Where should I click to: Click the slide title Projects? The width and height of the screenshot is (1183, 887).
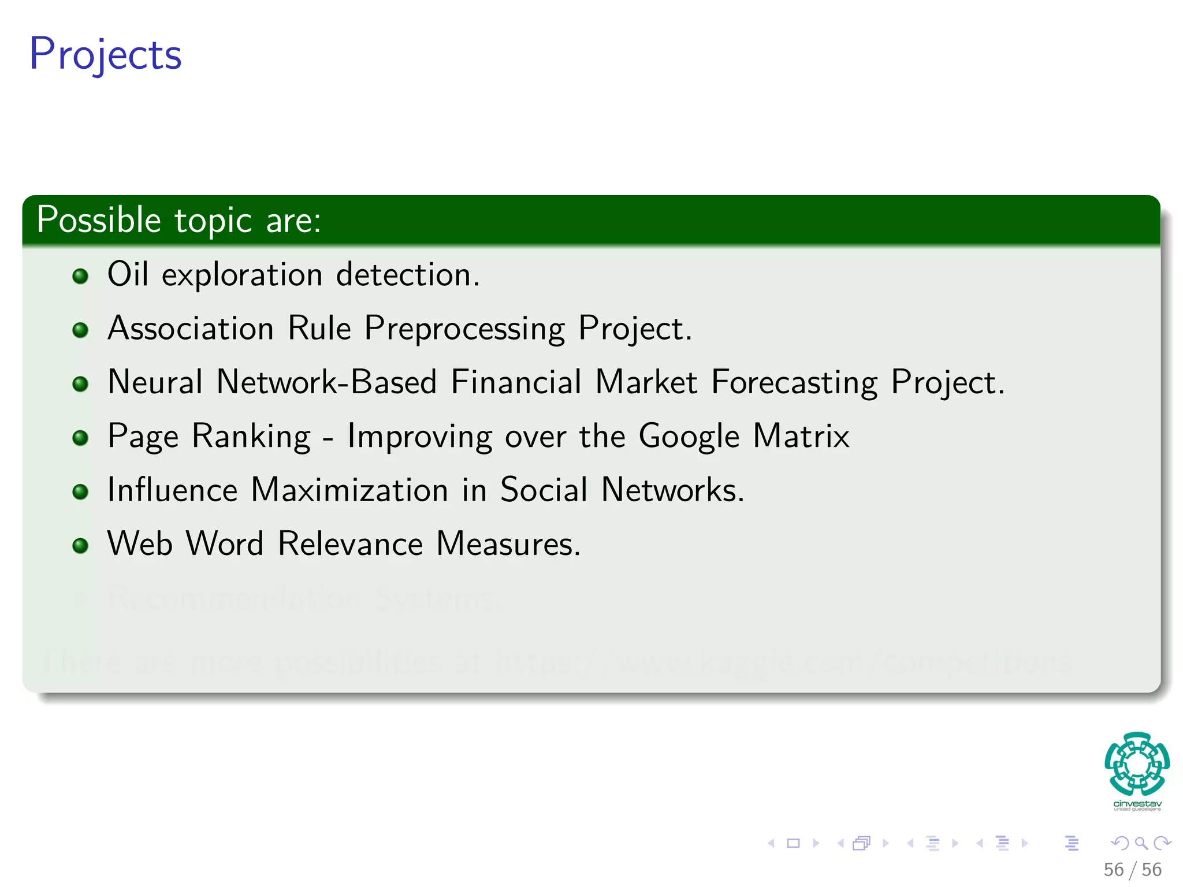tap(106, 54)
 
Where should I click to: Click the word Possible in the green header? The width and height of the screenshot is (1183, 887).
tap(98, 220)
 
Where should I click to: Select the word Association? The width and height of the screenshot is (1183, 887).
tap(191, 328)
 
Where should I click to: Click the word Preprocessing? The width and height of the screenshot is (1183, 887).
tap(464, 329)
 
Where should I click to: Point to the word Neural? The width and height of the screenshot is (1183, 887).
tap(155, 382)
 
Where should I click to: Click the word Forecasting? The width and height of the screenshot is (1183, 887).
tap(794, 383)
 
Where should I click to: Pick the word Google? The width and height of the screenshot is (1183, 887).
tap(689, 437)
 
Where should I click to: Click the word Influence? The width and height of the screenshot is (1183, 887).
tap(172, 490)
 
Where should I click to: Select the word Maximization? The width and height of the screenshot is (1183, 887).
tap(349, 490)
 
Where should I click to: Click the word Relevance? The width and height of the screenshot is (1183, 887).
tap(350, 543)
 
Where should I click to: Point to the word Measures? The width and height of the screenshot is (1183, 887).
tap(508, 543)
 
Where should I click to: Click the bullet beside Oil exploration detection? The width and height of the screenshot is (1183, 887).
tap(80, 276)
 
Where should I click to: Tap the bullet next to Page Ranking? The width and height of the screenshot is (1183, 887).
tap(80, 438)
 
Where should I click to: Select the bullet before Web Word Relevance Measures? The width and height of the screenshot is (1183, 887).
tap(80, 546)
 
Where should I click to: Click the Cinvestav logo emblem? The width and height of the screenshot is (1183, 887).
tap(1137, 763)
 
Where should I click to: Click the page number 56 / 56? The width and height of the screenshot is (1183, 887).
tap(1132, 870)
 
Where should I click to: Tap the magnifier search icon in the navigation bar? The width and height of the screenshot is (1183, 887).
tap(1141, 843)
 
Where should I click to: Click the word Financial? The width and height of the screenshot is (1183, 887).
tap(516, 382)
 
